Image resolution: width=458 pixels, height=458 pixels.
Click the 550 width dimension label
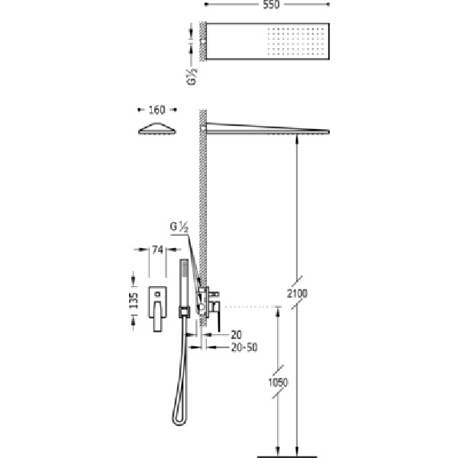click(271, 5)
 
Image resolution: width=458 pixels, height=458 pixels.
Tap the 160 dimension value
click(156, 110)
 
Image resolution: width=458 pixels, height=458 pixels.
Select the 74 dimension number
click(157, 250)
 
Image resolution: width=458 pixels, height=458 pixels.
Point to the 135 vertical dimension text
click(133, 301)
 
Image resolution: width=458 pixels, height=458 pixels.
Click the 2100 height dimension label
click(297, 293)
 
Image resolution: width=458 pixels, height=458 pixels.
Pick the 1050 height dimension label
click(278, 382)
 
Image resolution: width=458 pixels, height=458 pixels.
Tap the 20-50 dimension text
click(244, 347)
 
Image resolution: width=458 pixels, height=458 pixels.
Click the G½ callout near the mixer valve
click(179, 227)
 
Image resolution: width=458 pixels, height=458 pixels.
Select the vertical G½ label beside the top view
click(192, 76)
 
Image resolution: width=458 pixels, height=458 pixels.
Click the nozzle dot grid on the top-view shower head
click(295, 41)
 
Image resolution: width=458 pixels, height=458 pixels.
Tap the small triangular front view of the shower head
click(157, 128)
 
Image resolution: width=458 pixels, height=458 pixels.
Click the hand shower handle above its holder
click(184, 283)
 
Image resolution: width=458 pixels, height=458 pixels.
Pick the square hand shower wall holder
click(184, 312)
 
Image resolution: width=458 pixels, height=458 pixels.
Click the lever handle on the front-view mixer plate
click(157, 316)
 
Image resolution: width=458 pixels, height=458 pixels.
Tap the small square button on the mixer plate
click(157, 294)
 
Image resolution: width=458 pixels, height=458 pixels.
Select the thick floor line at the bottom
click(287, 456)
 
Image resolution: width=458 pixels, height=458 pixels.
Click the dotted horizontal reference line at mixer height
click(253, 306)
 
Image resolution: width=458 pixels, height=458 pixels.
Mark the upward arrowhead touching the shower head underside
click(297, 140)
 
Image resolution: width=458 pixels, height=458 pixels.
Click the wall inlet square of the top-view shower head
click(203, 41)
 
